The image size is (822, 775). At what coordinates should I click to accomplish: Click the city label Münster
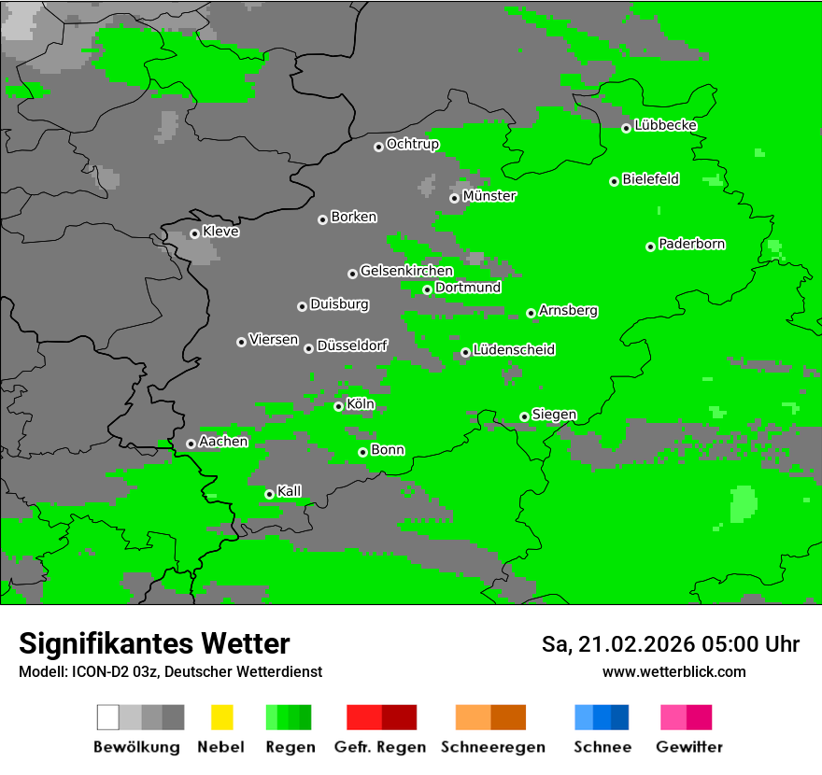click(x=489, y=196)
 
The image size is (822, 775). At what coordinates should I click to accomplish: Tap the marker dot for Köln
click(x=339, y=406)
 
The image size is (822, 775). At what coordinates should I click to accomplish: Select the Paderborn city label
click(x=691, y=245)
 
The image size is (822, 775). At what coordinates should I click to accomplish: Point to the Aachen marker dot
click(x=191, y=444)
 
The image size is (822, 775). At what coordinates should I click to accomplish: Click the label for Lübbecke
click(x=665, y=125)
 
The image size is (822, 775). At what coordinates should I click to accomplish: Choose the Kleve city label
click(x=220, y=232)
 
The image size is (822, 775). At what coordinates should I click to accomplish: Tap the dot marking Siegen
click(x=525, y=416)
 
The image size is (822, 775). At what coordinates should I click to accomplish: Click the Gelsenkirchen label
click(x=406, y=271)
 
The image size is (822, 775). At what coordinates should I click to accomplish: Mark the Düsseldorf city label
click(x=351, y=345)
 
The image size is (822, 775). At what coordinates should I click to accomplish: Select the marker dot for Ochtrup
click(x=378, y=147)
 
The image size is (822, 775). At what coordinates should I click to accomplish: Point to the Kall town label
click(x=290, y=491)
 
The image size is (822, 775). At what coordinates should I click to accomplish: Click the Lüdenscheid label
click(x=514, y=350)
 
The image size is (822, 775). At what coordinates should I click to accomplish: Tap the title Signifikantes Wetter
click(x=154, y=643)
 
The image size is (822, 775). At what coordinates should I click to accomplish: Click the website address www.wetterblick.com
click(x=673, y=671)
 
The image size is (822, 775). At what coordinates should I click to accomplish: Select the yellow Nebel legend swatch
click(x=221, y=717)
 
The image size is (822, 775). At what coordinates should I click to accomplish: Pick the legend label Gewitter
click(x=689, y=747)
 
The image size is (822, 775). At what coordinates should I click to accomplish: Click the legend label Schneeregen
click(x=493, y=747)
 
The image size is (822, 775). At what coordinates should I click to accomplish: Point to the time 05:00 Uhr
click(x=746, y=644)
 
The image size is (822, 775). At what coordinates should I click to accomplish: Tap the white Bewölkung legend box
click(x=107, y=717)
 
